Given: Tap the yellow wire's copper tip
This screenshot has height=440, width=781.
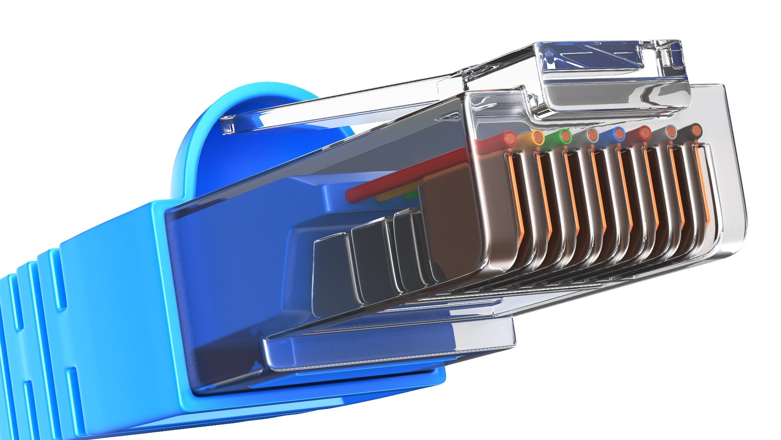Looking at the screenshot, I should pos(538,138).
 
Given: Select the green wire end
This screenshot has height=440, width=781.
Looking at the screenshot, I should pos(565,136).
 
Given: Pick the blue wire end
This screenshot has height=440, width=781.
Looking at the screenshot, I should pos(619,134).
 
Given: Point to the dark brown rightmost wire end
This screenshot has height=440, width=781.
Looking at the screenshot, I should pos(697,130).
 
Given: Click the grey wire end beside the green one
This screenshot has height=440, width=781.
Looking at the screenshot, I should pos(593,134).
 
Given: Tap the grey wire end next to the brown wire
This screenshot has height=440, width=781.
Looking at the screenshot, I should pos(671,131).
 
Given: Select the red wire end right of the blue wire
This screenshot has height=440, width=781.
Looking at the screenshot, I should pos(645,132).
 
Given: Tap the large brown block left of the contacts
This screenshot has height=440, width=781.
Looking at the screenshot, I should pos(452,220).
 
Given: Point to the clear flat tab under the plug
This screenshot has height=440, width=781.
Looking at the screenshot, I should pos(386,346).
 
